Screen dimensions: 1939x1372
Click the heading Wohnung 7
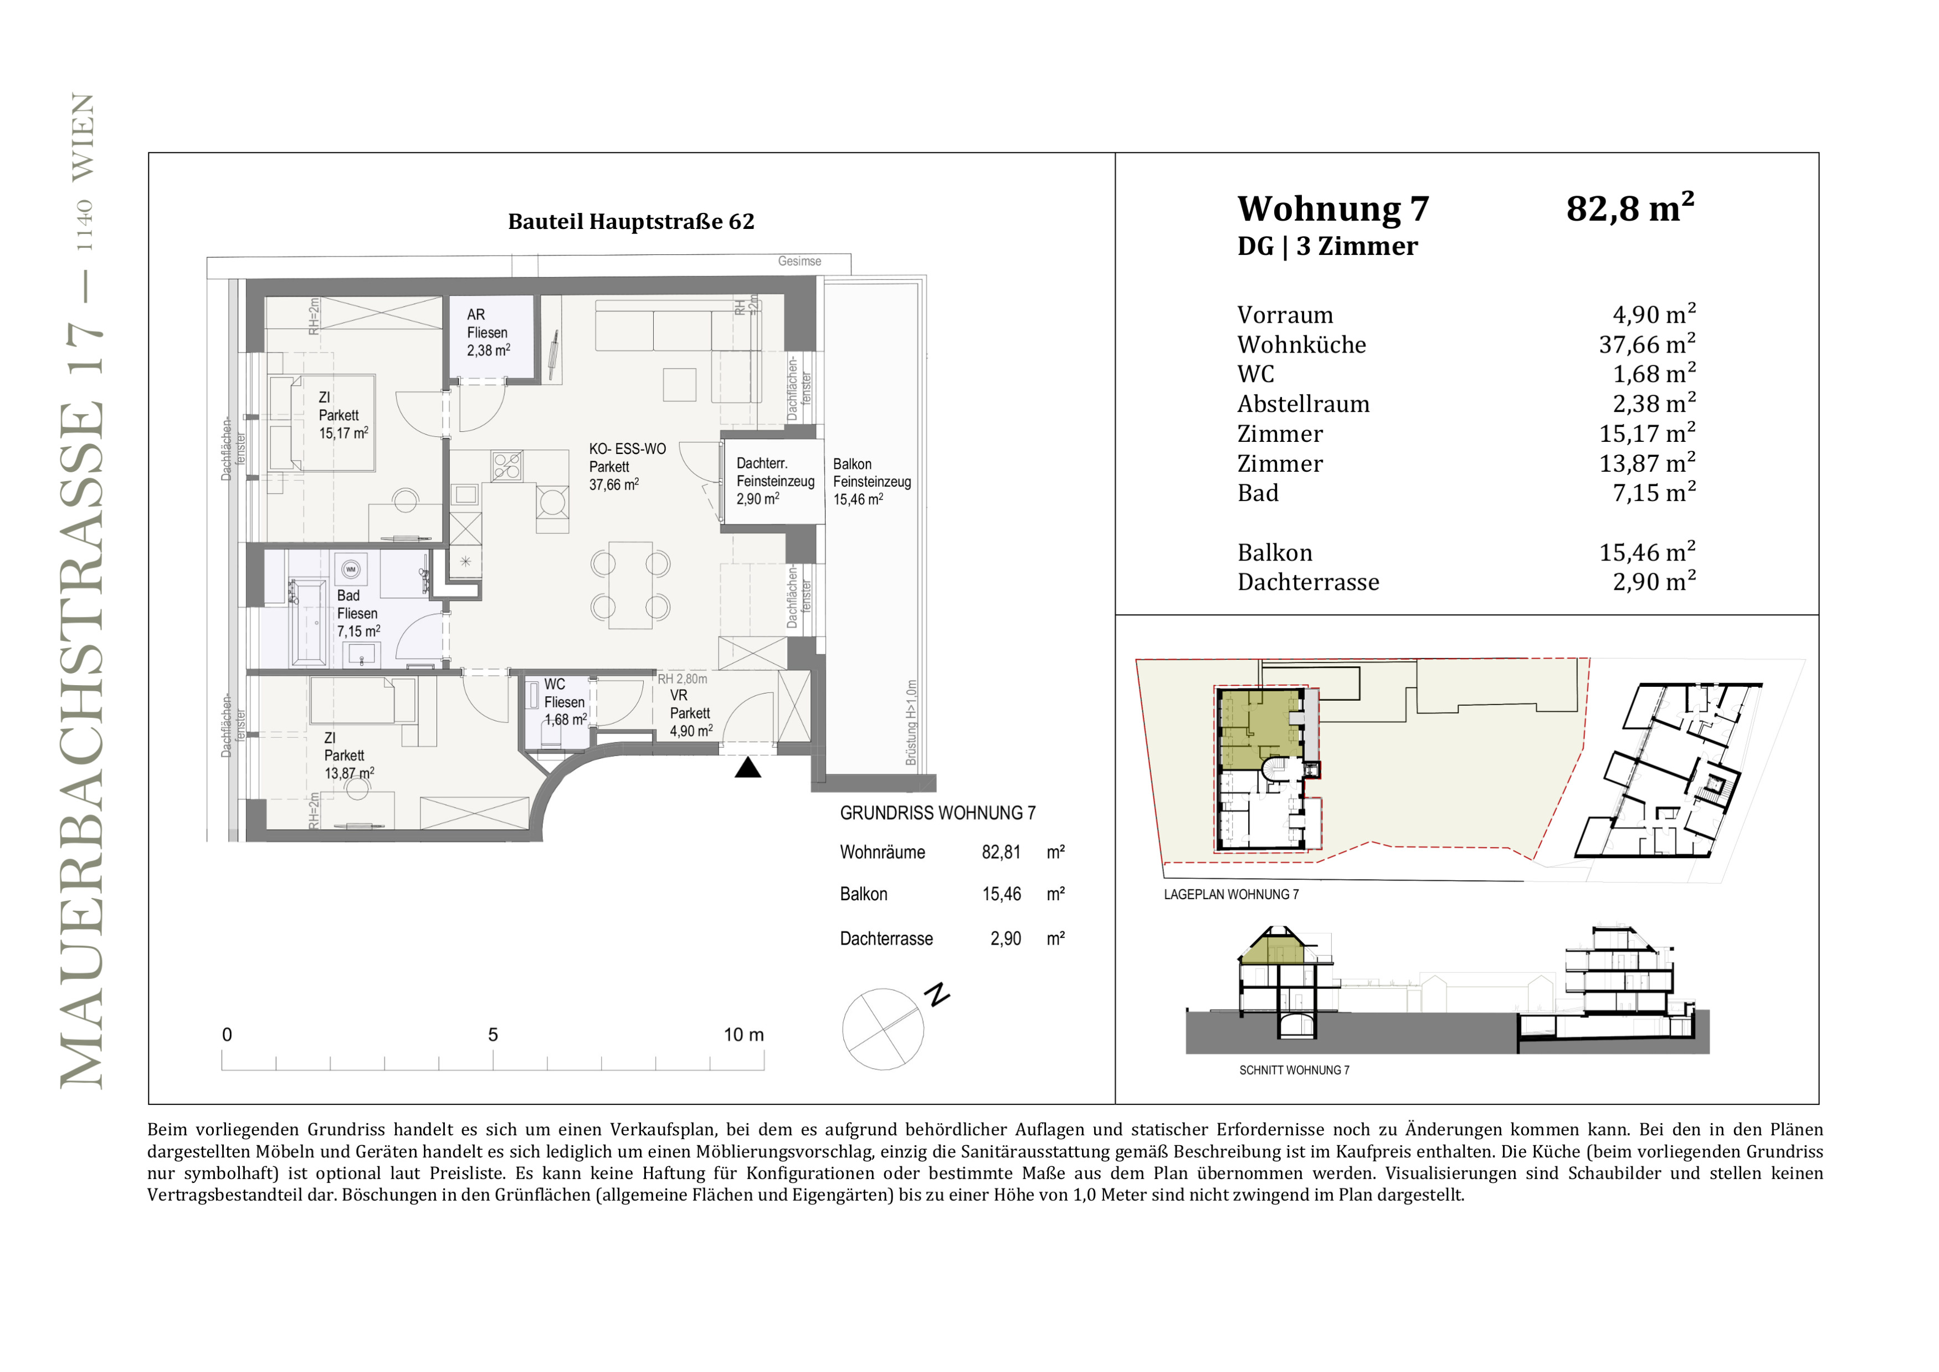[x=1332, y=208]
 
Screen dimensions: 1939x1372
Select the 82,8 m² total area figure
[x=1630, y=208]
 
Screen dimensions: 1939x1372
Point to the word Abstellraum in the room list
[x=1303, y=404]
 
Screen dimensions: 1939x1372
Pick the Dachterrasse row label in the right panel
[x=1308, y=582]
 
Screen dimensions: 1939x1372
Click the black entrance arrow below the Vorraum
[x=747, y=767]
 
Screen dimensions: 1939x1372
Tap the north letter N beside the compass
[x=937, y=994]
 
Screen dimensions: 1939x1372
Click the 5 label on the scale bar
[x=493, y=1035]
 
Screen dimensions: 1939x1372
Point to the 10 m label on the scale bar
[x=743, y=1035]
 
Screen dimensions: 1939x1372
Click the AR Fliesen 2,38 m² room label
[x=488, y=332]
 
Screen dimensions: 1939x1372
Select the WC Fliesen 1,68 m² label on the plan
[x=564, y=702]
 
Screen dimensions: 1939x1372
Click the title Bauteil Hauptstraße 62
[x=631, y=221]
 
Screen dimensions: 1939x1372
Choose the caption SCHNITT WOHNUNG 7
[x=1294, y=1070]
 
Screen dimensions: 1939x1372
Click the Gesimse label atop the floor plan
[x=799, y=261]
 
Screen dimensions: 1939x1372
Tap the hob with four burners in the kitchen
[x=507, y=466]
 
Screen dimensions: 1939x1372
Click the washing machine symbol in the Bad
[x=351, y=569]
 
